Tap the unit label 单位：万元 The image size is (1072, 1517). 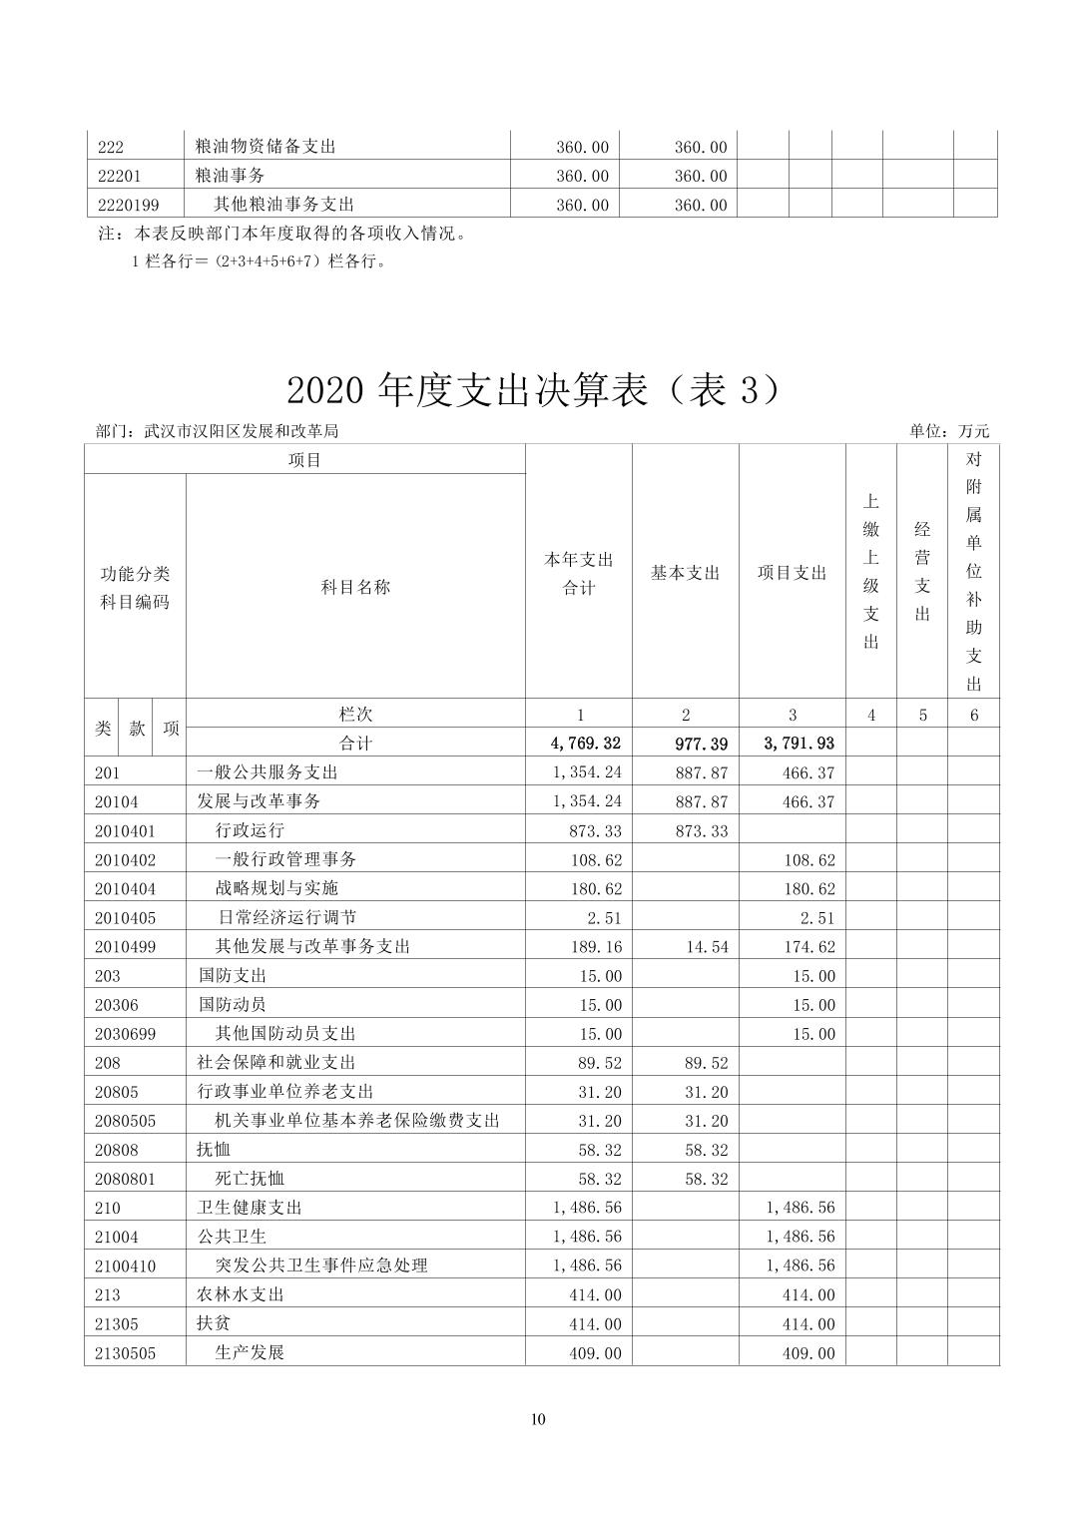pos(948,431)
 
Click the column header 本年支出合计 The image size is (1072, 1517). pos(579,574)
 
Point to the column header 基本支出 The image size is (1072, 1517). pos(685,573)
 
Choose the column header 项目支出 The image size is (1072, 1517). pos(792,573)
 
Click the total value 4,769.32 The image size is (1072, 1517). pos(585,743)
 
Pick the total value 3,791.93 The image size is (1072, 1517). pos(799,743)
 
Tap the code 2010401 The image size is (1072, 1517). pos(126,830)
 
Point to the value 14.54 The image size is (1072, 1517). pos(707,946)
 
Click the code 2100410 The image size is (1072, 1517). pos(126,1265)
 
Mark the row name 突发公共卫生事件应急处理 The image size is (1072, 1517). pos(321,1265)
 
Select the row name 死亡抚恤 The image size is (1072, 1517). pos(251,1179)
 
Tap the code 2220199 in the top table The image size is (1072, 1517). pos(128,205)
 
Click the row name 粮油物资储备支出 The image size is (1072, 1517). pos(266,147)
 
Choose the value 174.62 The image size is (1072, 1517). pos(809,946)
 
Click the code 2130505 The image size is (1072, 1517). pos(126,1353)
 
